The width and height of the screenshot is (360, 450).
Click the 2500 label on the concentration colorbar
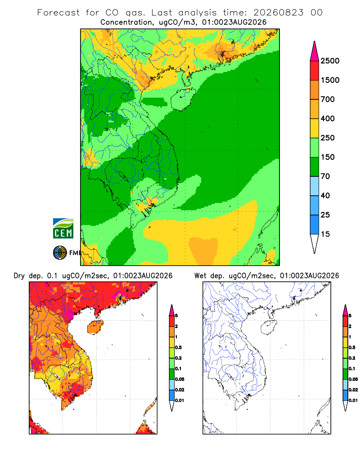click(x=330, y=61)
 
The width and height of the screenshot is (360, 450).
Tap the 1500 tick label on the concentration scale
click(x=330, y=80)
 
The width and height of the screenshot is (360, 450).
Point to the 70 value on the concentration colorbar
click(x=325, y=176)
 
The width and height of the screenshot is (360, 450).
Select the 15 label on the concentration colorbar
click(x=325, y=234)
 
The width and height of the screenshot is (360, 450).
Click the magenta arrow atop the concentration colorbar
click(x=315, y=52)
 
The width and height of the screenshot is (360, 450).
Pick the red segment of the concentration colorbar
click(x=315, y=71)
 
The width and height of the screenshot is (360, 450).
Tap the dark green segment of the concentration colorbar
click(x=315, y=166)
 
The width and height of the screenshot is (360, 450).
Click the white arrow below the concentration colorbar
click(x=315, y=243)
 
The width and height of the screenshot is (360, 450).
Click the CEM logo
click(x=63, y=229)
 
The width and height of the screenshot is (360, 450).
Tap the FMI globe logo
click(x=60, y=252)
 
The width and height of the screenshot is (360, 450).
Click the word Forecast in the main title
click(x=58, y=13)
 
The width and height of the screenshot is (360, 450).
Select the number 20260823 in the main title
click(x=278, y=13)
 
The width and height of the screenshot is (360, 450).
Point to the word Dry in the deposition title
click(x=19, y=276)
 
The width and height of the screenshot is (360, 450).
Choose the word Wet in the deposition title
click(x=200, y=276)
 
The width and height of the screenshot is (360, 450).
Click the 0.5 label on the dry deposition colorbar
click(x=178, y=347)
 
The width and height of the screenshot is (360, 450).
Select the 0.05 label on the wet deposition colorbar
click(x=353, y=379)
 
